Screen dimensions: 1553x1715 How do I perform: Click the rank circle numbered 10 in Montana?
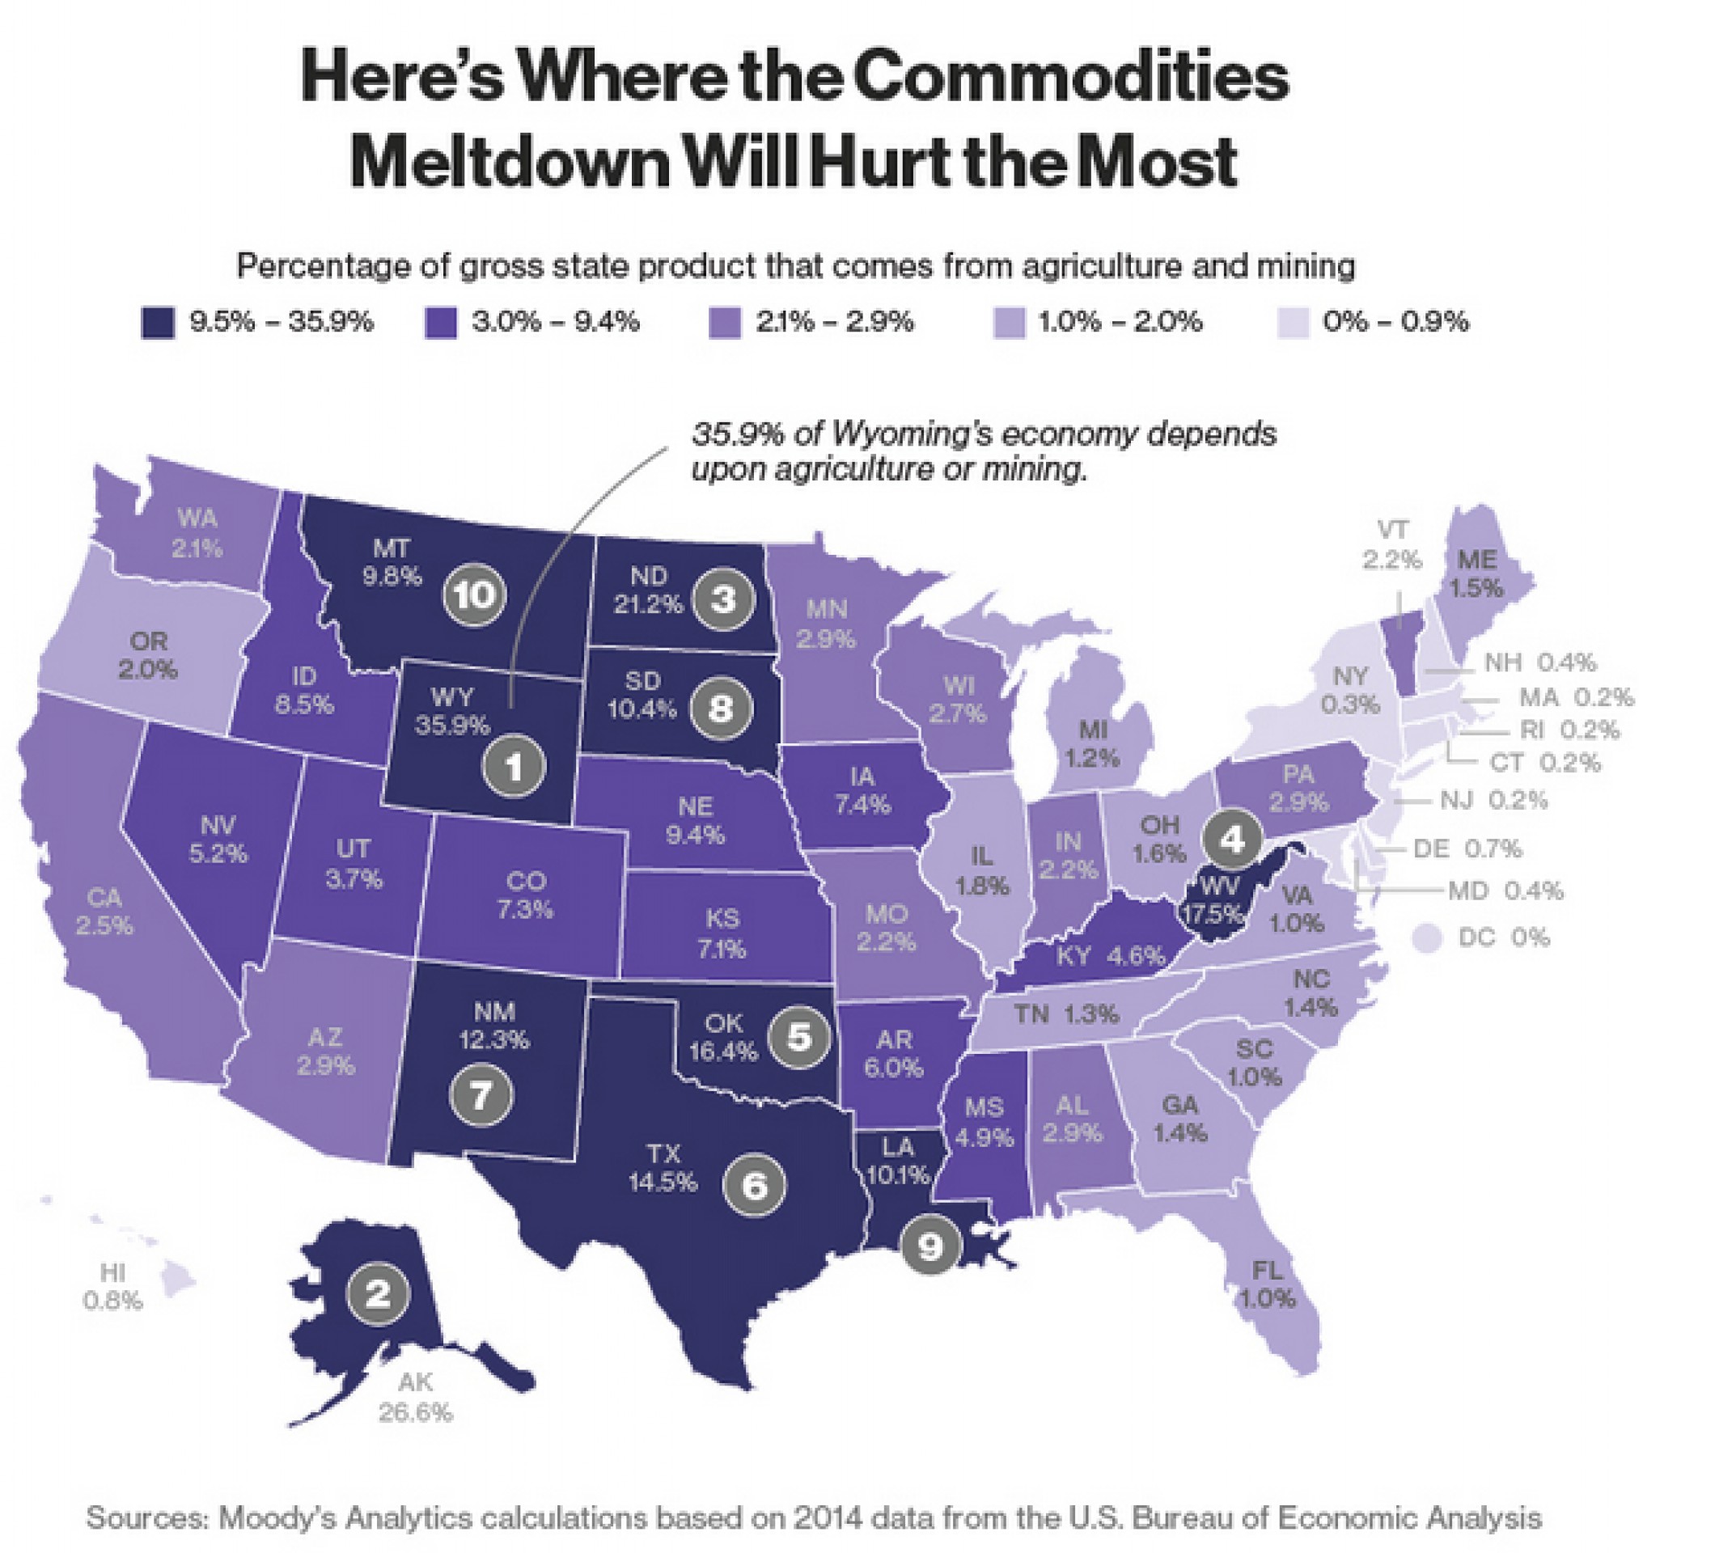[x=475, y=595]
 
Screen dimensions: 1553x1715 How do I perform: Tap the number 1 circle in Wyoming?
[x=514, y=766]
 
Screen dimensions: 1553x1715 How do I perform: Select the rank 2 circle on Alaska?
[x=379, y=1293]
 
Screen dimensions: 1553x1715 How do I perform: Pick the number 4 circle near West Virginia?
[x=1233, y=840]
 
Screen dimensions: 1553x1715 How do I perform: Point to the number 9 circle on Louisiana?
[x=929, y=1246]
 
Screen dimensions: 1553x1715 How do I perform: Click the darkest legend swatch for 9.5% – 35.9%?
[x=159, y=323]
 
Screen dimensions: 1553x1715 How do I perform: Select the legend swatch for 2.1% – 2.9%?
[x=725, y=323]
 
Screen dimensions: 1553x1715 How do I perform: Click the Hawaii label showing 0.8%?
[x=112, y=1286]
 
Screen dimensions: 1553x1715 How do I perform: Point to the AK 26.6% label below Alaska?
[x=415, y=1399]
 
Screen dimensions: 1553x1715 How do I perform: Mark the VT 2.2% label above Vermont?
[x=1391, y=544]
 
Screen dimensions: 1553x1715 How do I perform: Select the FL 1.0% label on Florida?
[x=1267, y=1284]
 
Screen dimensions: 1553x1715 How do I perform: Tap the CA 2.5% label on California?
[x=104, y=911]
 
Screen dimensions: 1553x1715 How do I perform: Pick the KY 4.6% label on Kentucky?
[x=1110, y=956]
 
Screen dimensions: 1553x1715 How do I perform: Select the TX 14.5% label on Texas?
[x=663, y=1168]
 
